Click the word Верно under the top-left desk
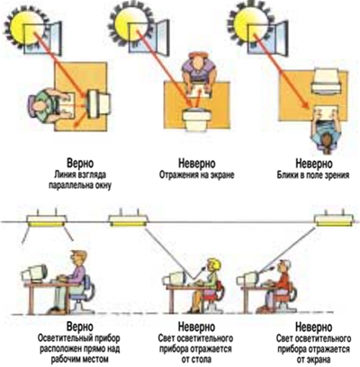(x=80, y=164)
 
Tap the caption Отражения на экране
(x=197, y=175)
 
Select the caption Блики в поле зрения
(x=313, y=175)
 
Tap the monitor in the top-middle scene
(x=196, y=120)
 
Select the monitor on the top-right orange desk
(x=326, y=80)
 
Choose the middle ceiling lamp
(x=128, y=219)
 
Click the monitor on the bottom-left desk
(x=34, y=273)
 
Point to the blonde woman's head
(x=213, y=264)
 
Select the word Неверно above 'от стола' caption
(x=197, y=327)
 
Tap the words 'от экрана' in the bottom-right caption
(x=313, y=359)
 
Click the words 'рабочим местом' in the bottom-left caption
(x=79, y=359)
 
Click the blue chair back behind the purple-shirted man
(x=88, y=286)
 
